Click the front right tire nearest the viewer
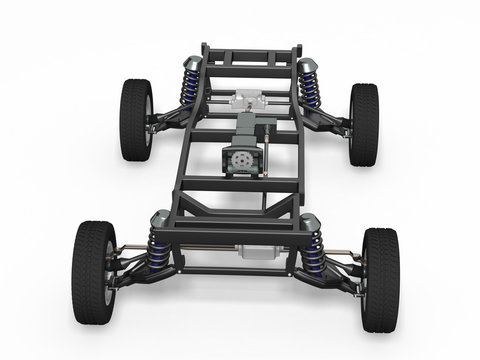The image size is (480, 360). point(380,279)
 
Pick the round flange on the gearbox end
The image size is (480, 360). point(239,160)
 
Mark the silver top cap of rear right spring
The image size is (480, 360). point(307,68)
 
